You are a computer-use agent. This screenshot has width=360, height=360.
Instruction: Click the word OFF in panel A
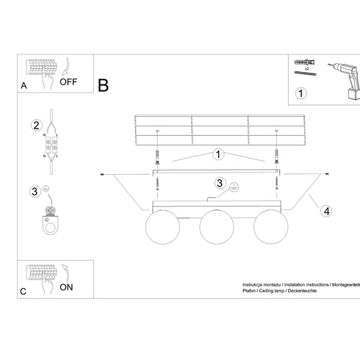[68, 82]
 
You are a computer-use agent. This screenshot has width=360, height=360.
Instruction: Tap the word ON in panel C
[66, 287]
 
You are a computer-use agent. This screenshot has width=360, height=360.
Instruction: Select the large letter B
[103, 85]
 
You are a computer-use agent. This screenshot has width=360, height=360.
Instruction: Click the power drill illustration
[345, 81]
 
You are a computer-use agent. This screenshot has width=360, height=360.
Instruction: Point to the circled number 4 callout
[327, 211]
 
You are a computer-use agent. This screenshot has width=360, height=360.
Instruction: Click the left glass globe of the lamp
[162, 227]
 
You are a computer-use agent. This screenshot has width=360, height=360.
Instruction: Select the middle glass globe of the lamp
[217, 227]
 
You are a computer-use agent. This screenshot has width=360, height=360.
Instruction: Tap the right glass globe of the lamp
[271, 227]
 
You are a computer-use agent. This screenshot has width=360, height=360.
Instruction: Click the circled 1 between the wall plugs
[218, 154]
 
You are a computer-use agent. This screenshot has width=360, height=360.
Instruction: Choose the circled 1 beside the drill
[300, 93]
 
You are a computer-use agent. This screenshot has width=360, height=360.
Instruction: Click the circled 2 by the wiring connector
[37, 125]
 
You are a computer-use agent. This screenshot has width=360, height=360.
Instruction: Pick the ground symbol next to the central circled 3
[234, 187]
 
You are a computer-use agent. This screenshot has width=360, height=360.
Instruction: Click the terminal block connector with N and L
[51, 145]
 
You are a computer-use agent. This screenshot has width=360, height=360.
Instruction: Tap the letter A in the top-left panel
[24, 85]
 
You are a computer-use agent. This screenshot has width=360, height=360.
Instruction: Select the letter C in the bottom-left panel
[23, 292]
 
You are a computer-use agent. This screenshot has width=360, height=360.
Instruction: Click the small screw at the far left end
[103, 174]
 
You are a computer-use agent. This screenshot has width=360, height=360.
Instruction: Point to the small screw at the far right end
[326, 174]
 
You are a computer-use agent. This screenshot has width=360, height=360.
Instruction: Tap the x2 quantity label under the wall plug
[307, 69]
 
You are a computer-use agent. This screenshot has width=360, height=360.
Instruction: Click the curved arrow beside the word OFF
[65, 66]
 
